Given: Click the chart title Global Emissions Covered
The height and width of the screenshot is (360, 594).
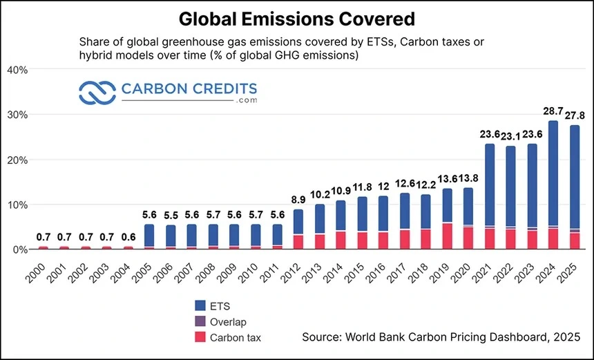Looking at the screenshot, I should pos(296,18).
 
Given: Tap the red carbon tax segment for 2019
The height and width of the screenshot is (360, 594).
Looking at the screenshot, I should pos(447,236).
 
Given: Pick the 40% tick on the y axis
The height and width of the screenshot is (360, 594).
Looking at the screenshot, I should pos(17,70).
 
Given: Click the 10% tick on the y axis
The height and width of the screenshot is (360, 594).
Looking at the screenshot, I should pos(17,205).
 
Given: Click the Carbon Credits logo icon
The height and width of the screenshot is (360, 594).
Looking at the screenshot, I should pos(97,92).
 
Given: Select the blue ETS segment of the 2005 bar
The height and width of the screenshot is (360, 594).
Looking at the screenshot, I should pos(149,235).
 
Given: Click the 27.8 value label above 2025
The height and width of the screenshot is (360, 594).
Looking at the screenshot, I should pos(572,115).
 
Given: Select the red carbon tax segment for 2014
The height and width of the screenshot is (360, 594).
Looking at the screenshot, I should pos(341,240).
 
